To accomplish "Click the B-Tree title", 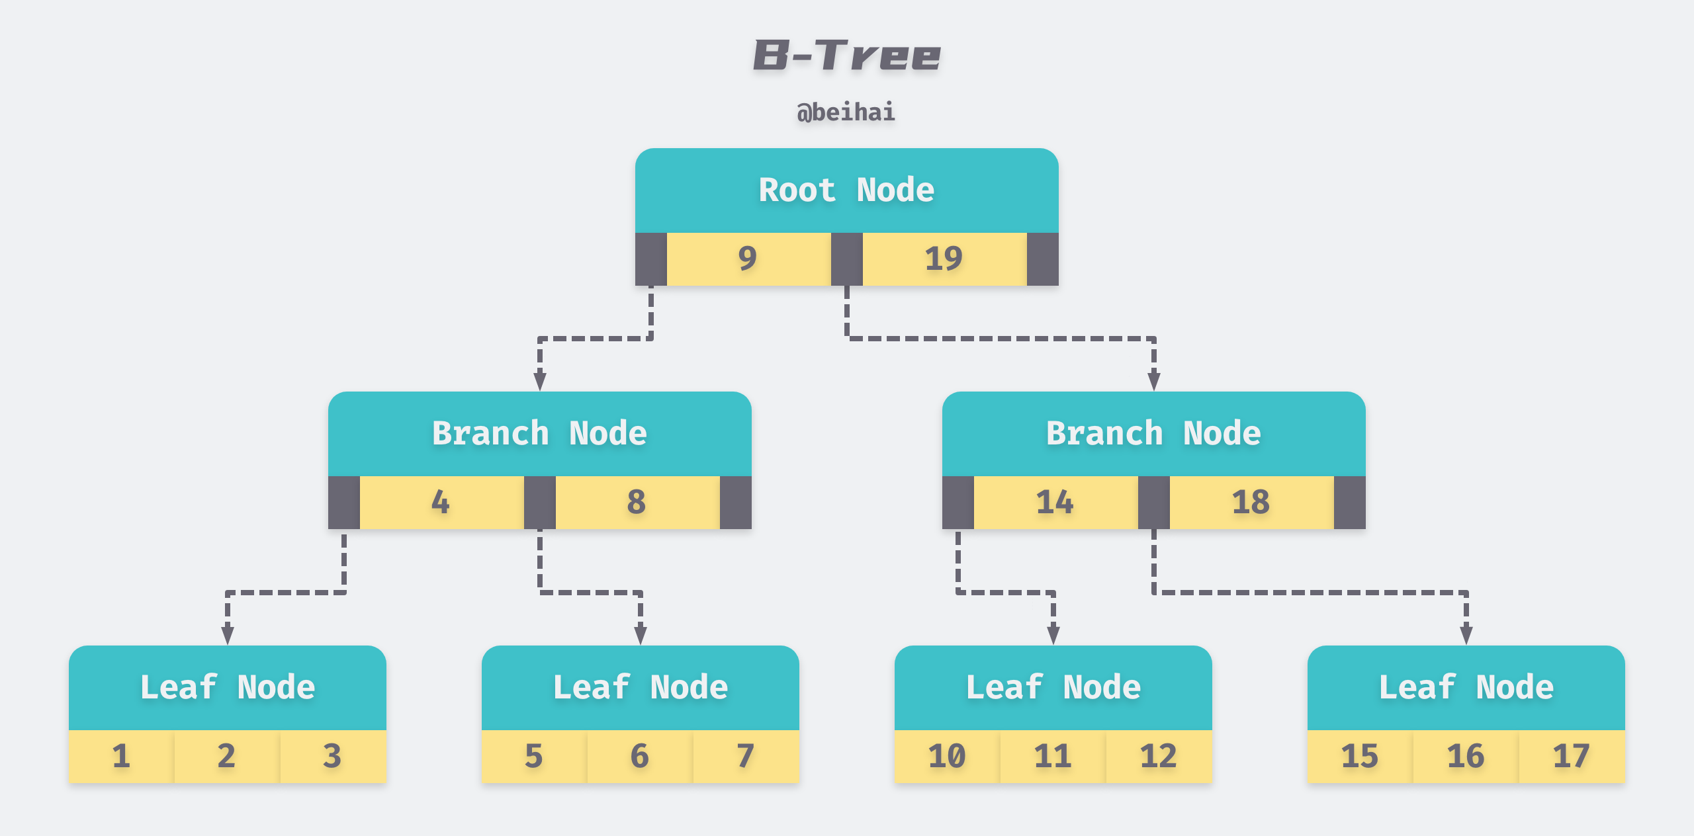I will point(846,55).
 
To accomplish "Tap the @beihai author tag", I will point(846,112).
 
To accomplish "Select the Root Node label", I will point(846,190).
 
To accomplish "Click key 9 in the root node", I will point(748,259).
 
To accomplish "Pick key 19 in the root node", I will point(944,259).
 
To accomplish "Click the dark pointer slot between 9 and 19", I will point(846,259).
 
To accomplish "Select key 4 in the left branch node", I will point(441,502).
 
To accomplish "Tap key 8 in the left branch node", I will point(637,502).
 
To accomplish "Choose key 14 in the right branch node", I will point(1055,502).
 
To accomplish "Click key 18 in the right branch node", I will point(1251,502).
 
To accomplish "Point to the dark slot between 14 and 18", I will point(1153,502).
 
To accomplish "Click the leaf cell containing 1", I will point(121,756).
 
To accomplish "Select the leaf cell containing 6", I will point(640,756).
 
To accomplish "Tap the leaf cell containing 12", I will point(1159,756).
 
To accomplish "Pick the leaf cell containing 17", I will point(1572,756).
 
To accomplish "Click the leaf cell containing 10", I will point(947,756).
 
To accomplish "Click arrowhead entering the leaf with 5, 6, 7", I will point(640,636).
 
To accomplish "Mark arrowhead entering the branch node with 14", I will point(1153,382).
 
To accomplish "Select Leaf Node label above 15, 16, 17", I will point(1466,687).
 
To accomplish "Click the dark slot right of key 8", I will point(735,502).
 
